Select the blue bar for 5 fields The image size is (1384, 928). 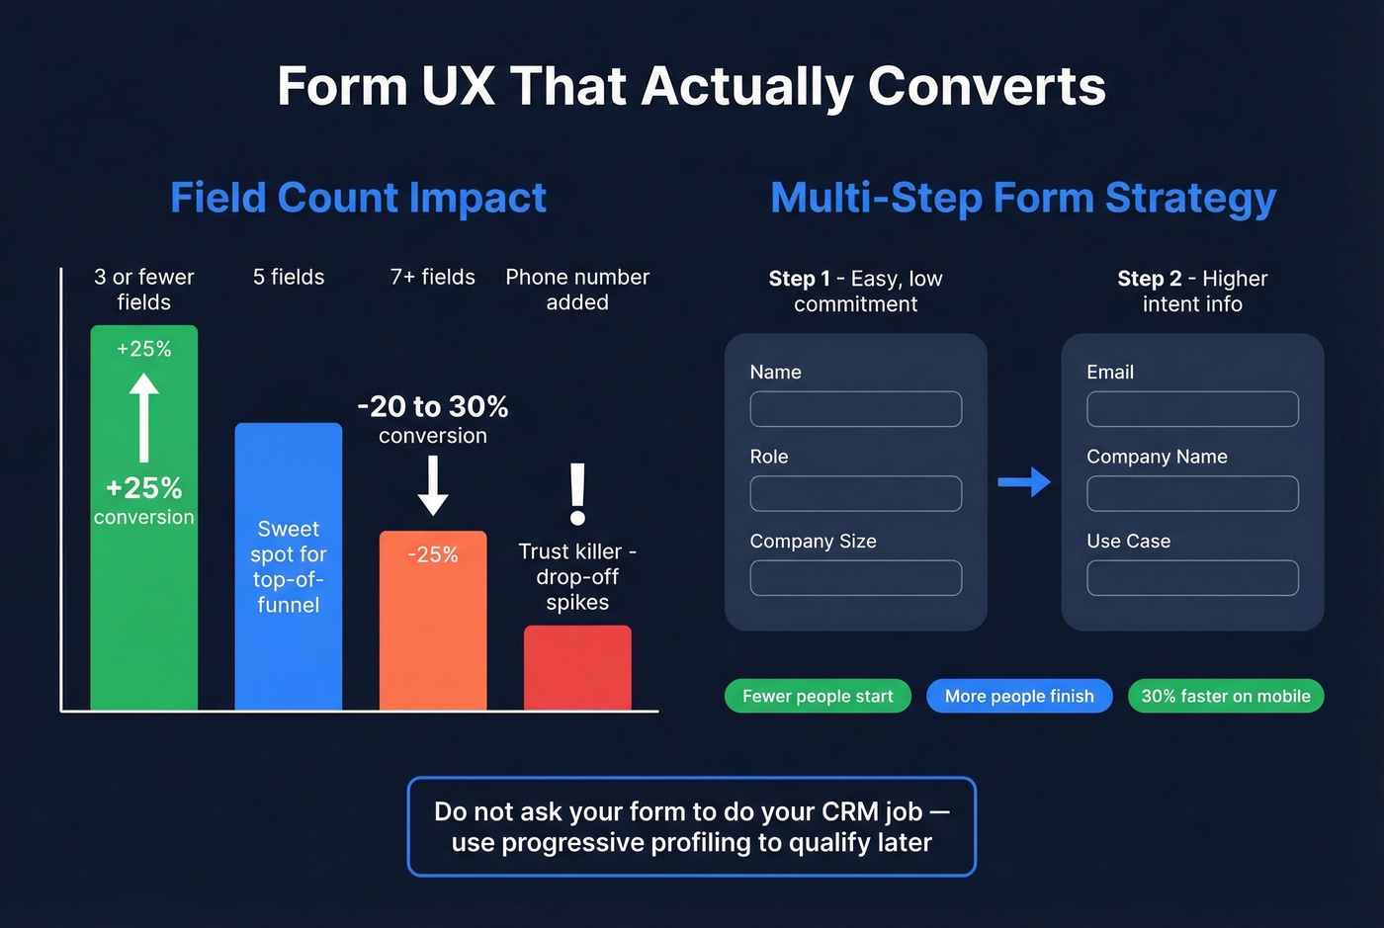(x=288, y=662)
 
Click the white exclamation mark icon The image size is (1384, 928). (x=578, y=494)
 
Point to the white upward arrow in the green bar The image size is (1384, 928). (x=144, y=416)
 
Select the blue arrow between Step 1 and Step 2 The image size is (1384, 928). (x=1023, y=482)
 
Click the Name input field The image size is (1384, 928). (x=855, y=409)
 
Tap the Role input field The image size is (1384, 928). (x=855, y=494)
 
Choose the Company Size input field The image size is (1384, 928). (x=855, y=578)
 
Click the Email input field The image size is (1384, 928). (x=1192, y=409)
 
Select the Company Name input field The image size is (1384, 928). (x=1192, y=494)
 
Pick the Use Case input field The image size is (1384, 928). (x=1192, y=578)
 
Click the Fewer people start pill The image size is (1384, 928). (x=818, y=696)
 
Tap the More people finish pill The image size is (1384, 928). (x=1019, y=696)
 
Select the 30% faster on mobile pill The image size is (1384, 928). (x=1226, y=696)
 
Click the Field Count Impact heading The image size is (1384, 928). (x=358, y=198)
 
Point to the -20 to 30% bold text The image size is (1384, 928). (x=433, y=406)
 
